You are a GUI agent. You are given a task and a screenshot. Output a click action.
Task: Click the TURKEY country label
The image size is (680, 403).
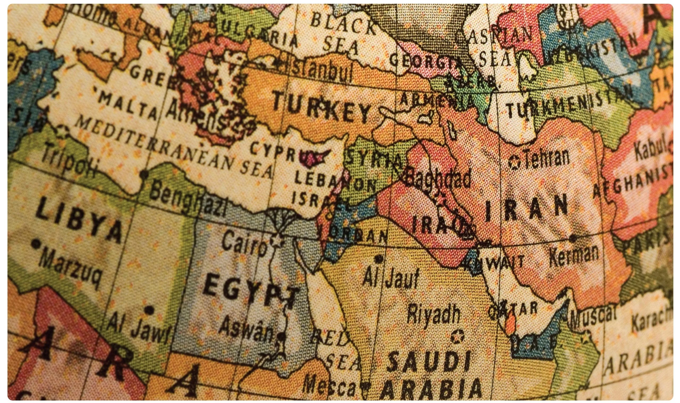[322, 109]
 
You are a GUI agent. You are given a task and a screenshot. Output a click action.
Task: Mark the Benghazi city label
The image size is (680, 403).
[187, 200]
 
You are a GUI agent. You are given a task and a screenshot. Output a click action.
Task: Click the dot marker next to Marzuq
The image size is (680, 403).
[35, 243]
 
